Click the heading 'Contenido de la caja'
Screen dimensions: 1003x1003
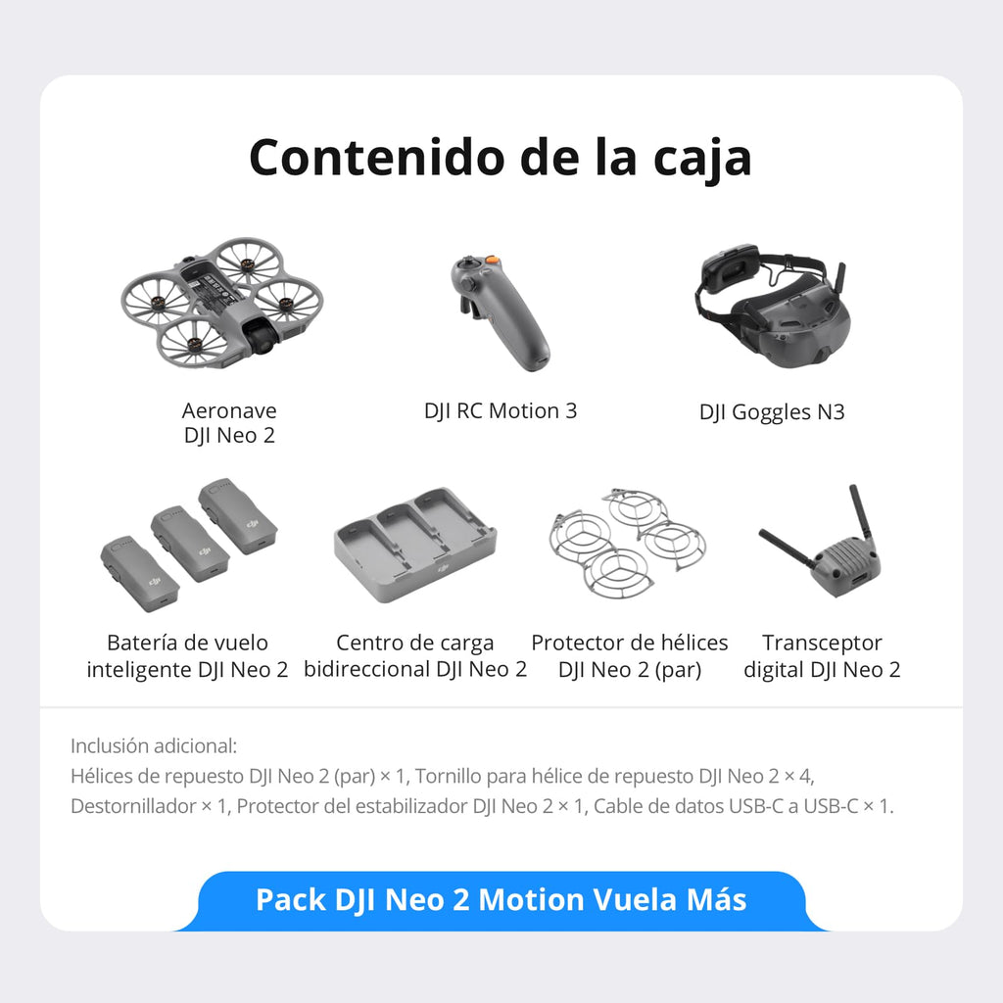pyautogui.click(x=501, y=157)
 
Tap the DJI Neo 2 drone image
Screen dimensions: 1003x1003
pyautogui.click(x=222, y=300)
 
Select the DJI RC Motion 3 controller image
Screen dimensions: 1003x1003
pyautogui.click(x=500, y=311)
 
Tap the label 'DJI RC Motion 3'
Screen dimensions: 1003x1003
pyautogui.click(x=501, y=410)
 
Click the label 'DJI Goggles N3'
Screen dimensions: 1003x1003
pyautogui.click(x=772, y=411)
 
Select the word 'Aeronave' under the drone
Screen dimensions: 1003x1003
pyautogui.click(x=229, y=410)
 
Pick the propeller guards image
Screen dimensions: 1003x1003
pyautogui.click(x=627, y=541)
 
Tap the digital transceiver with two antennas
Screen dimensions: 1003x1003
pyautogui.click(x=825, y=545)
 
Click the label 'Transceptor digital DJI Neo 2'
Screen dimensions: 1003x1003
pyautogui.click(x=822, y=656)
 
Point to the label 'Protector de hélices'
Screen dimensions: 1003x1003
pyautogui.click(x=630, y=644)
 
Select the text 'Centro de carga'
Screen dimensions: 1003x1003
pyautogui.click(x=415, y=644)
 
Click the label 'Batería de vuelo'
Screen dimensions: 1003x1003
pyautogui.click(x=187, y=644)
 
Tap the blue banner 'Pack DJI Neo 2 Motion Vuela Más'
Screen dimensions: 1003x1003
pyautogui.click(x=501, y=900)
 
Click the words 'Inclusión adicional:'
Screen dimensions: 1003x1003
pyautogui.click(x=154, y=745)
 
